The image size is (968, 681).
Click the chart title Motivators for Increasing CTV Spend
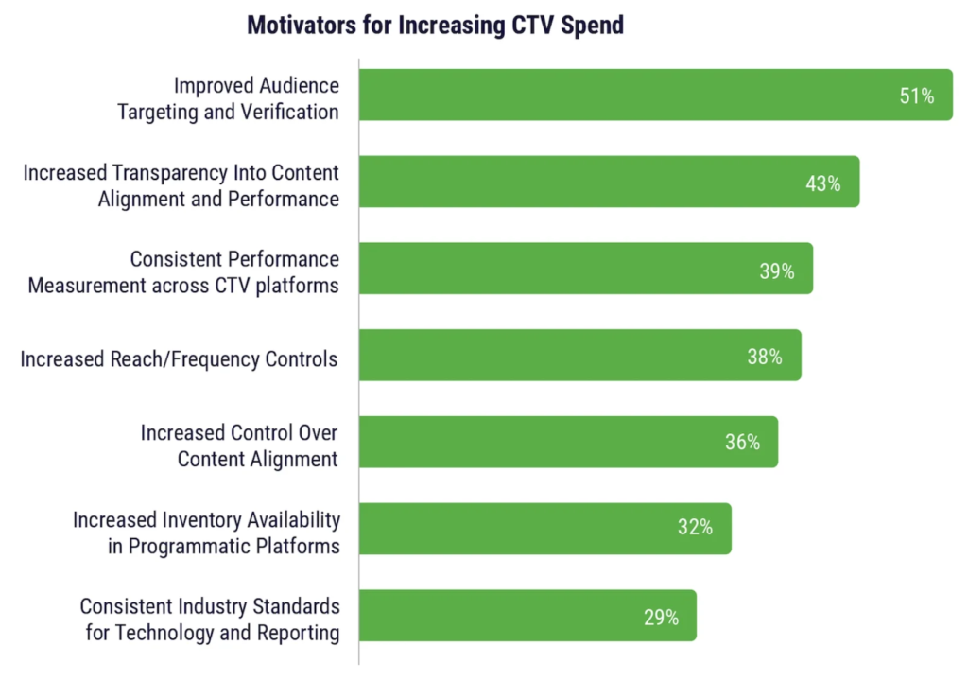[435, 26]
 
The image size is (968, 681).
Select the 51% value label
[916, 96]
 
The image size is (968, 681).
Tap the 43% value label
[822, 183]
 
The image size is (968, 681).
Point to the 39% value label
[776, 271]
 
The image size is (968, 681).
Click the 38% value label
[765, 357]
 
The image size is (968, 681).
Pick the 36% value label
[742, 443]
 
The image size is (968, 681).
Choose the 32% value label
[695, 529]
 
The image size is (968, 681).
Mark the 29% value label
[661, 617]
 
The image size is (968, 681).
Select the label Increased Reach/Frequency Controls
[179, 358]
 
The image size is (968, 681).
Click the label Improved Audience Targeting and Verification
[228, 98]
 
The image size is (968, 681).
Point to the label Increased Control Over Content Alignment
[239, 445]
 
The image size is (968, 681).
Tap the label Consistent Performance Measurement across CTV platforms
[183, 271]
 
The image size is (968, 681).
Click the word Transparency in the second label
[177, 173]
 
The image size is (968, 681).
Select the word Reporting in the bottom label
[298, 632]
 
